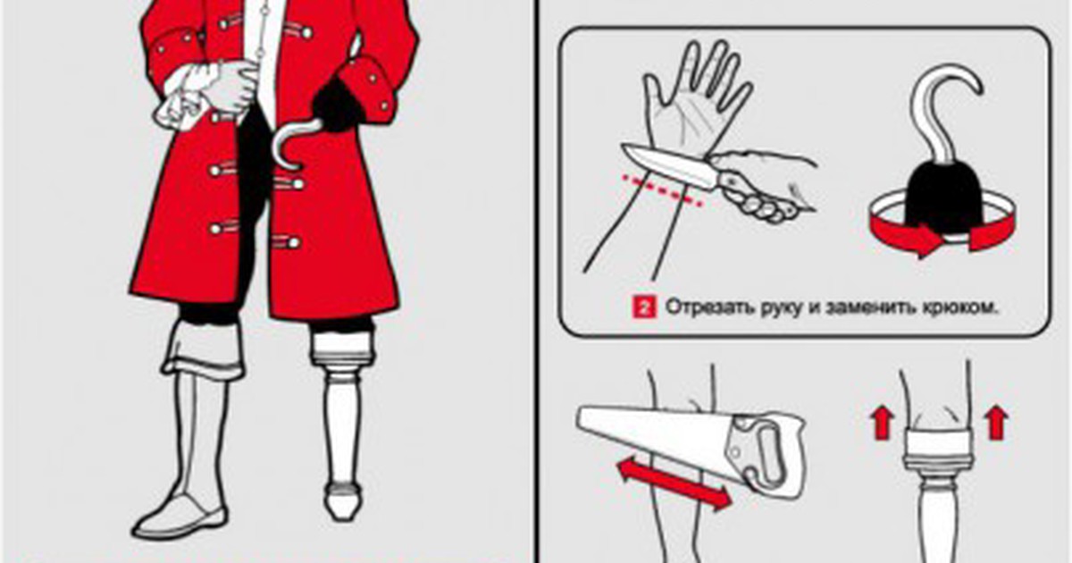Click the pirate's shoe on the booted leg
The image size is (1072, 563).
[x=180, y=517]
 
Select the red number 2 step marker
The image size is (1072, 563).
[x=644, y=307]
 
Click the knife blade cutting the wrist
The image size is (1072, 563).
[x=670, y=165]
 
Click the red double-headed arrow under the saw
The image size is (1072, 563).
[x=674, y=483]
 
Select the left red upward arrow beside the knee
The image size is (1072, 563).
[x=882, y=421]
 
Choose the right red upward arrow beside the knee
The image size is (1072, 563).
[x=996, y=421]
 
